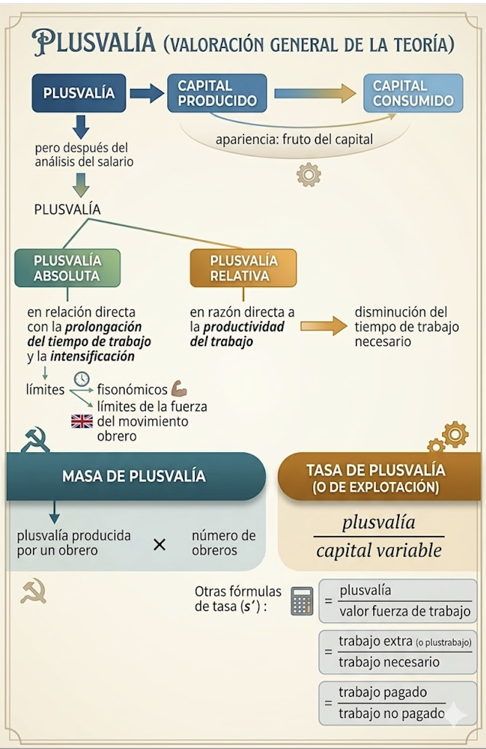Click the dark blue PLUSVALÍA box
click(79, 93)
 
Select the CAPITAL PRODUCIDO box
click(217, 93)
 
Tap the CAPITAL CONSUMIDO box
click(413, 93)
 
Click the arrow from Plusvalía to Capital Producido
click(147, 93)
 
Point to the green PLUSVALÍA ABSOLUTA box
click(67, 268)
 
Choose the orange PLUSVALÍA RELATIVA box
click(243, 268)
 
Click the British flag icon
click(82, 421)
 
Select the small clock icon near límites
click(82, 379)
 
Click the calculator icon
click(302, 601)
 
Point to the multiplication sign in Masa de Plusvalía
click(159, 545)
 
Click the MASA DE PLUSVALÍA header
click(135, 476)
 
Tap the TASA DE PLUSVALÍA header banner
click(376, 478)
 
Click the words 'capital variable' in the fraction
click(379, 551)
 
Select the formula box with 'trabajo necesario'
click(397, 652)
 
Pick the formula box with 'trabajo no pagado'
click(397, 703)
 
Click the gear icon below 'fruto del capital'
click(309, 175)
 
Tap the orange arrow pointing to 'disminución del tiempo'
click(323, 326)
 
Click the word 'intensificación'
click(92, 357)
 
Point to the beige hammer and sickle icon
click(33, 592)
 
